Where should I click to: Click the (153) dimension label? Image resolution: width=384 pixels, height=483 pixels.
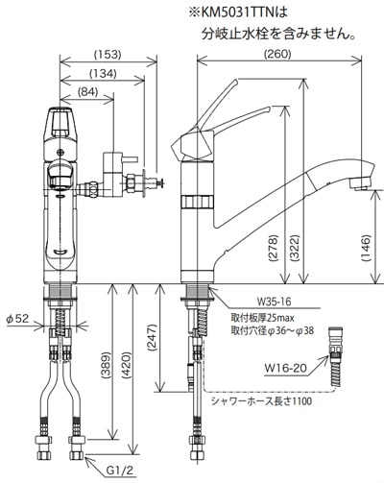pyautogui.click(x=108, y=55)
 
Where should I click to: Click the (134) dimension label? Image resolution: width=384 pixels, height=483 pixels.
pyautogui.click(x=103, y=74)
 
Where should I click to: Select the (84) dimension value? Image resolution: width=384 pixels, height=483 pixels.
pyautogui.click(x=87, y=92)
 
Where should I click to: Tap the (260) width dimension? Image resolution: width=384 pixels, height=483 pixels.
pyautogui.click(x=277, y=54)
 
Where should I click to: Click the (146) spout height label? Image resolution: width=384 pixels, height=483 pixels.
pyautogui.click(x=367, y=249)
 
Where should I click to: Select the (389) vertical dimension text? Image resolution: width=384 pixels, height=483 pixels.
pyautogui.click(x=107, y=366)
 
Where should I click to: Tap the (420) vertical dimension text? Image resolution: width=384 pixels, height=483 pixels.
pyautogui.click(x=127, y=366)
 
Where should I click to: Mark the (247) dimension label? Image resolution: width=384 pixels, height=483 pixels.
pyautogui.click(x=154, y=338)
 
